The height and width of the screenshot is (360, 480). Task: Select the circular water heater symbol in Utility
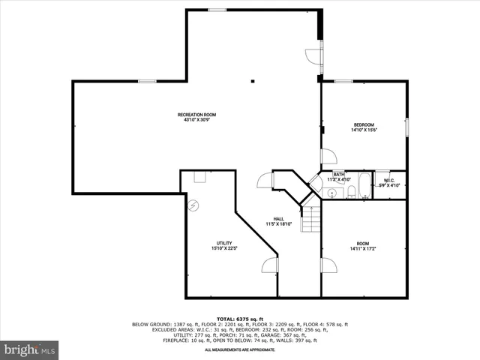[192, 205]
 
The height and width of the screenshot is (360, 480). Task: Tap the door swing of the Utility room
[270, 264]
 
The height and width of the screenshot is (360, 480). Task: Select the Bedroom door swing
[329, 157]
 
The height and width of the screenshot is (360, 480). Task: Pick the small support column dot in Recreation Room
[253, 80]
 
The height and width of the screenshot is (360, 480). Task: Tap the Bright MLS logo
[29, 349]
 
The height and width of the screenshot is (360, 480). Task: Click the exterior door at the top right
[313, 57]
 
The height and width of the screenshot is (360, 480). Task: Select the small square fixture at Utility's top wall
[199, 177]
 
